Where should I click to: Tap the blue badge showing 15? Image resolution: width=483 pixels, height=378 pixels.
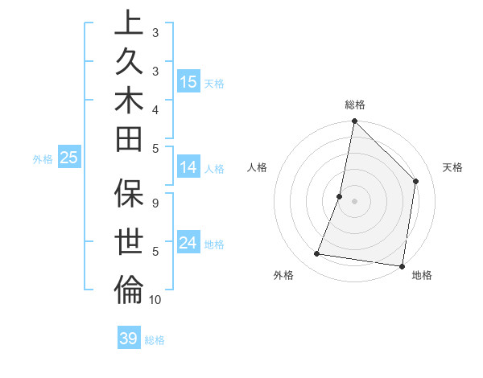coord(188,82)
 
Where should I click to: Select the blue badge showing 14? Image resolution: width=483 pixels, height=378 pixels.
coord(188,167)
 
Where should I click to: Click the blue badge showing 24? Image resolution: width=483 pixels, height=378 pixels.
coord(188,243)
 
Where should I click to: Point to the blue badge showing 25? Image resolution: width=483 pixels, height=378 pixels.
coord(69,158)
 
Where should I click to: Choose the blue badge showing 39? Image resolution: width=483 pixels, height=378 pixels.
coord(129,339)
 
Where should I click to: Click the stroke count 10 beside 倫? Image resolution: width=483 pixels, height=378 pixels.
coord(155,300)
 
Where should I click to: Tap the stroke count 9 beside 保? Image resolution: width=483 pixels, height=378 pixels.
coord(155,203)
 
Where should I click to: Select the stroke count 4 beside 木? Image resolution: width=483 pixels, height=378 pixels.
coord(155,109)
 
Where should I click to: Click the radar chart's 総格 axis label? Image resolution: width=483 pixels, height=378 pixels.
coord(355,105)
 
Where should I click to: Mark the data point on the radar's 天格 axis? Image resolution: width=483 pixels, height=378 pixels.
coord(416,181)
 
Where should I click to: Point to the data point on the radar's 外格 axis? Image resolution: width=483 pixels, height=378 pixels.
coord(317,254)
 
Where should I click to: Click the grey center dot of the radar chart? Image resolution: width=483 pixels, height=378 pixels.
coord(355,201)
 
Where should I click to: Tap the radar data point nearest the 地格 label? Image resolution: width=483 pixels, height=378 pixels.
coord(402,265)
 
